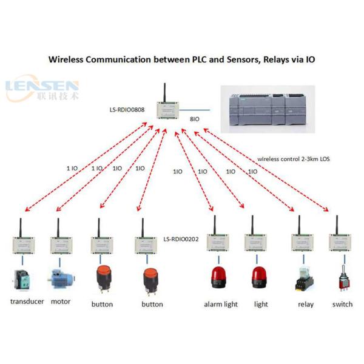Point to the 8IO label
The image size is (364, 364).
(195, 120)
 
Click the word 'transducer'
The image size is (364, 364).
(27, 302)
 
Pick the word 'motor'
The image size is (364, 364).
(61, 302)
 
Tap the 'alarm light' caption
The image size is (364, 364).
(221, 304)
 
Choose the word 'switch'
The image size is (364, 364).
(342, 304)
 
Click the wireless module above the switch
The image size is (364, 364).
(339, 242)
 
